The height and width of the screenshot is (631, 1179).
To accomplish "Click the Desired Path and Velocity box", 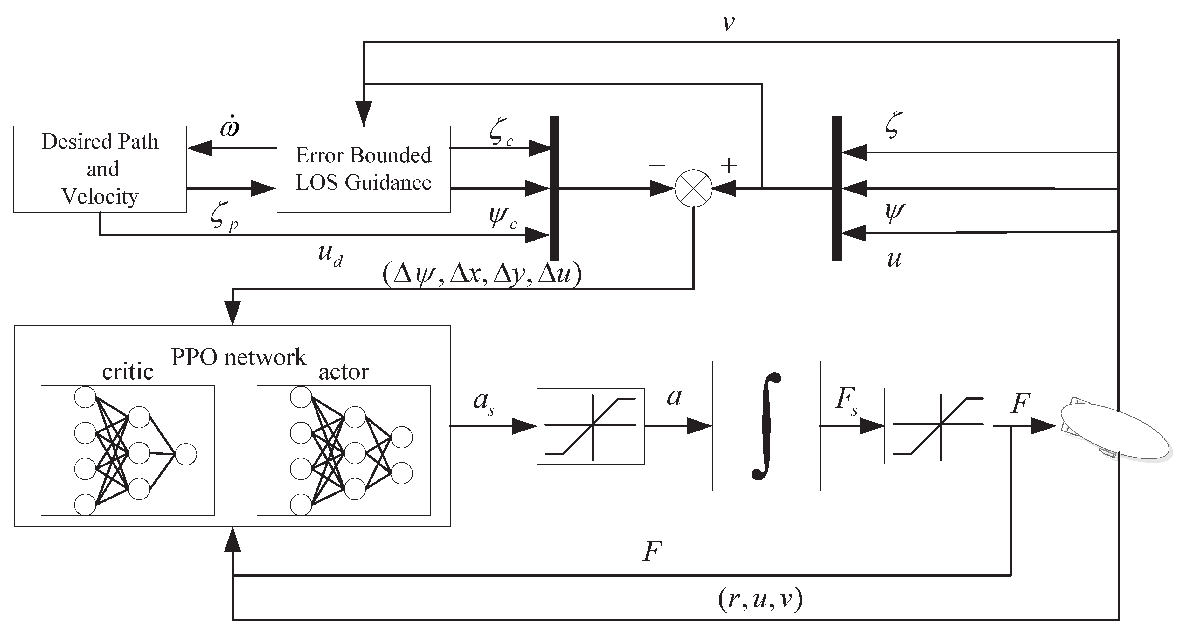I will pos(100,169).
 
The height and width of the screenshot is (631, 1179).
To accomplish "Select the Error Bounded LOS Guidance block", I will pos(364,169).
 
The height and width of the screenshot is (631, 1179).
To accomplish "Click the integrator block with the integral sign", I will pos(766,426).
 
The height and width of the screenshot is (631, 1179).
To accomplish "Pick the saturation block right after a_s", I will pos(590,426).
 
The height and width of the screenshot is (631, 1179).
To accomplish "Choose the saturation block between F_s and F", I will pos(938,426).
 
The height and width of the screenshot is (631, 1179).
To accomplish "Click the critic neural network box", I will pos(128,451).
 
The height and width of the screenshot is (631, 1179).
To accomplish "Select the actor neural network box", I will pos(343,451).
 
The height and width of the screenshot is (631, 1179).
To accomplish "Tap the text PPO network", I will pos(239,357).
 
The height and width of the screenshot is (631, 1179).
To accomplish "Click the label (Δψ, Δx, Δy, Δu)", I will pos(482,275).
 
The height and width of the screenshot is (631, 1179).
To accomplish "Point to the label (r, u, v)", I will pos(760,600).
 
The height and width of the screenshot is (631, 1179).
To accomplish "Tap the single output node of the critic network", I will pos(186,454).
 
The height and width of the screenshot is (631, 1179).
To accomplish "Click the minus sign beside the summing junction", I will pos(656,165).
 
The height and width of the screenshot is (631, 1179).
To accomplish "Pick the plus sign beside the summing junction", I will pos(729,165).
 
